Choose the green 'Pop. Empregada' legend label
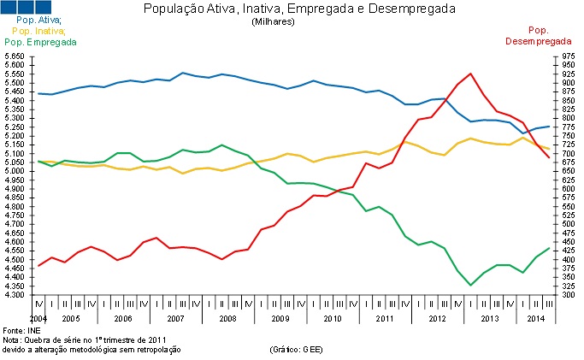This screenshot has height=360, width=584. point(38,41)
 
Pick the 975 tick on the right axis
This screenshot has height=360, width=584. point(568,56)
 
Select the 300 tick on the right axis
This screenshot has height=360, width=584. point(568,296)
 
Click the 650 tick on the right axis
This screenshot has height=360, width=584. point(568,171)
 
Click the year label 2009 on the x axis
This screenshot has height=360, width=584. point(280,318)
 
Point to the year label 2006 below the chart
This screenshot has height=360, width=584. point(123,318)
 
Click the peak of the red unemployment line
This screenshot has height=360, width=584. point(471,74)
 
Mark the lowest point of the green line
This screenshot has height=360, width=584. point(471,285)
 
